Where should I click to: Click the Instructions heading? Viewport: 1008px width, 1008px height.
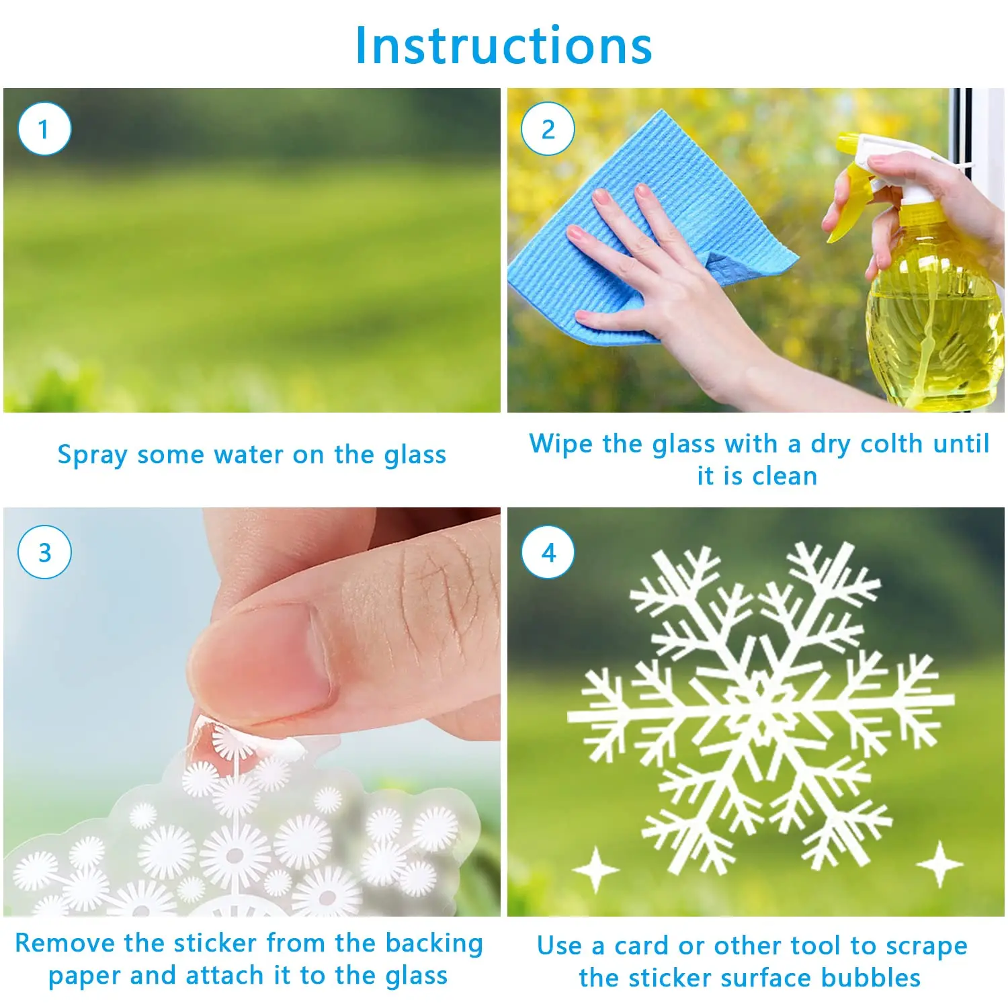pyautogui.click(x=503, y=46)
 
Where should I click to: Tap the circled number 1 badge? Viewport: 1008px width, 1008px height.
pyautogui.click(x=44, y=129)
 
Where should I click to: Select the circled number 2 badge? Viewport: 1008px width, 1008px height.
pyautogui.click(x=548, y=129)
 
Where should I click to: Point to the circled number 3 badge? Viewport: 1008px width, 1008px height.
pyautogui.click(x=44, y=552)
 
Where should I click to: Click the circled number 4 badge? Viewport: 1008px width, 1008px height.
pyautogui.click(x=548, y=552)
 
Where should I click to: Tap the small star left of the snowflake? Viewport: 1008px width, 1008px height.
pyautogui.click(x=595, y=869)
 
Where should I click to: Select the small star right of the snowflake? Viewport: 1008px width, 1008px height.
pyautogui.click(x=940, y=864)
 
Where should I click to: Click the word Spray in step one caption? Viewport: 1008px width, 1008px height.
pyautogui.click(x=92, y=456)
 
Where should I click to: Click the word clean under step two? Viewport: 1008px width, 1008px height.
pyautogui.click(x=784, y=476)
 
